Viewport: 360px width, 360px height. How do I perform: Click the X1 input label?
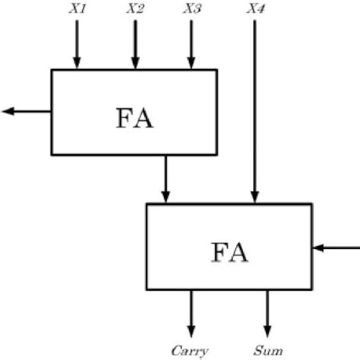tap(78, 9)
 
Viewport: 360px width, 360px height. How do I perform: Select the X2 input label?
tap(135, 9)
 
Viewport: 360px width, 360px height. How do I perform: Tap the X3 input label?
tap(192, 9)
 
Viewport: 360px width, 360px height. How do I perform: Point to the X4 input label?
tap(256, 9)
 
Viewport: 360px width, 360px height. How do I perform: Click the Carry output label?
tap(190, 351)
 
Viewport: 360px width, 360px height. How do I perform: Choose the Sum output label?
tap(268, 351)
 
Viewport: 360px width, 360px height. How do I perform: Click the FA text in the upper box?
tap(134, 119)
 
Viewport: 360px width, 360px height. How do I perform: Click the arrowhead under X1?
tap(77, 63)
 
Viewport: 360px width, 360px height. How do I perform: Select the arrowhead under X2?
tap(135, 63)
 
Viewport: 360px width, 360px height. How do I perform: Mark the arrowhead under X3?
tap(191, 63)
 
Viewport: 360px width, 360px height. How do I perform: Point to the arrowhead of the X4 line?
tap(255, 197)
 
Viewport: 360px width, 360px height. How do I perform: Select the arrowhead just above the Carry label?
tap(191, 329)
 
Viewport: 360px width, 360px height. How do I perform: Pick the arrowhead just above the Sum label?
tap(267, 329)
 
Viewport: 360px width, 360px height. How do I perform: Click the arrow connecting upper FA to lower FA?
tap(166, 178)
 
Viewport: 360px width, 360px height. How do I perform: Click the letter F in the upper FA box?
tap(125, 119)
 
